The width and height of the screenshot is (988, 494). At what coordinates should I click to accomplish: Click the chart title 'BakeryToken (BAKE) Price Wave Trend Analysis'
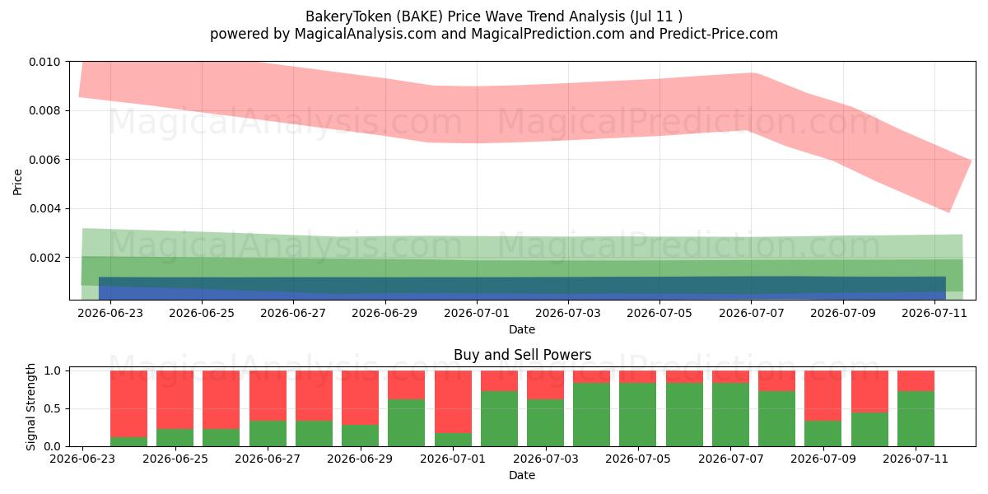(465, 16)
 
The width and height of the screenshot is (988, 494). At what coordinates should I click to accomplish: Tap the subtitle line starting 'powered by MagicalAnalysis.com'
(493, 34)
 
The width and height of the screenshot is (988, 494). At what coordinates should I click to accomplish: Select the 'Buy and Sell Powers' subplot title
(522, 355)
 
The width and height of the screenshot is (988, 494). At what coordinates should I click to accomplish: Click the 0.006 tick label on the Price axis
(45, 160)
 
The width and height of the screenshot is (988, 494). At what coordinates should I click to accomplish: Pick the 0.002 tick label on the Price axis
(45, 258)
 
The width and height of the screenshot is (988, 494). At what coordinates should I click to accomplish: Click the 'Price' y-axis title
(17, 182)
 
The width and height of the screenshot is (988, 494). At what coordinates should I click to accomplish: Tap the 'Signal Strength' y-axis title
(30, 407)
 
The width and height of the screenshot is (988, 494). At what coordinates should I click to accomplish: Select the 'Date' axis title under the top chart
(522, 329)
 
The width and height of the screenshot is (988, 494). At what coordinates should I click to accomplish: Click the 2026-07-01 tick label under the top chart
(477, 313)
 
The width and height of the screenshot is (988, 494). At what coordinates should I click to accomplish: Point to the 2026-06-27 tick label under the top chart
(293, 313)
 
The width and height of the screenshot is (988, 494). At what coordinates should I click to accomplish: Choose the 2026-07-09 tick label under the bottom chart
(823, 459)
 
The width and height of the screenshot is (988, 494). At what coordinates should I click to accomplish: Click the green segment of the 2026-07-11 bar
(916, 418)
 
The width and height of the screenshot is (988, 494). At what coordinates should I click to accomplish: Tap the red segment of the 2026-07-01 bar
(453, 402)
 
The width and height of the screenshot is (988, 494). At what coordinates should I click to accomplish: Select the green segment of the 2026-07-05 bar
(638, 415)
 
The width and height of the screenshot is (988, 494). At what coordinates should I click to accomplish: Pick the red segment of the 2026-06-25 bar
(175, 399)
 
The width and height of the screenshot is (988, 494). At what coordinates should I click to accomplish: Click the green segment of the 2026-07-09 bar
(823, 434)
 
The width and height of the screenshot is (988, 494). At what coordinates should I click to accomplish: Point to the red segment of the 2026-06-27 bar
(268, 396)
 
